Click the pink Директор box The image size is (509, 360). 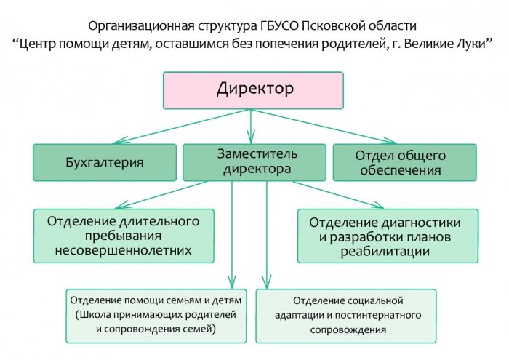coord(253,90)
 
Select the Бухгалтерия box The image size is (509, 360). coord(105,162)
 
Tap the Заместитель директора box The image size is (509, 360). coord(254,162)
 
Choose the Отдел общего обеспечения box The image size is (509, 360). coord(405,162)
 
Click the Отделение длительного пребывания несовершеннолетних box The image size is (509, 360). coord(124,236)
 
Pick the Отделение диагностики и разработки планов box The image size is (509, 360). coord(388,236)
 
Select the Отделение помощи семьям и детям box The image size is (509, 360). coord(156,316)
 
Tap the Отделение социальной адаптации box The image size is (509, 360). coord(346,316)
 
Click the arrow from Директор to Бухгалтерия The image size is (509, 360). coord(182,127)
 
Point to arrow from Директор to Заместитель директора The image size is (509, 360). coord(251,127)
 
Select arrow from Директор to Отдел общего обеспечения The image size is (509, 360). coord(324,127)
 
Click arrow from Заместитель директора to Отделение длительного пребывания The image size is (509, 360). coord(161,195)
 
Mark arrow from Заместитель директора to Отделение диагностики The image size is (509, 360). coord(338,195)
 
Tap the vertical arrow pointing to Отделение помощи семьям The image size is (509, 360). coord(232,235)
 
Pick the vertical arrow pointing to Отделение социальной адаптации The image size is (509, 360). coord(267,235)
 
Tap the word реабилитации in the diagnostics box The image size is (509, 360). coord(385,252)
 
